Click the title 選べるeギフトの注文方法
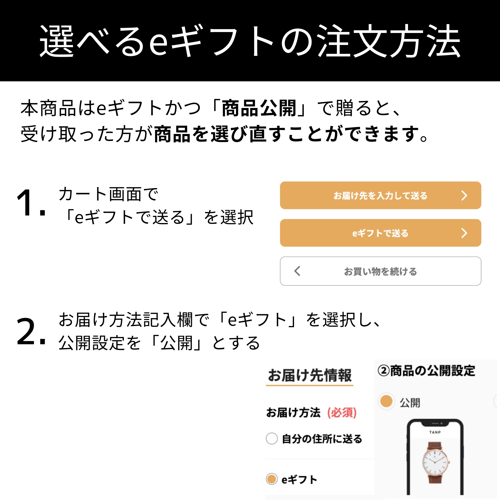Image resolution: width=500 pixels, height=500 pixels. click(250, 41)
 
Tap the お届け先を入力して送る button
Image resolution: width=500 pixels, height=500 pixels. click(380, 195)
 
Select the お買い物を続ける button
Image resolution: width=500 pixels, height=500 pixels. click(380, 271)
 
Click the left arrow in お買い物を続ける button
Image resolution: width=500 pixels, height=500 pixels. click(297, 271)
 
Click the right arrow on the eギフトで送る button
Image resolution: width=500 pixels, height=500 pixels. click(464, 233)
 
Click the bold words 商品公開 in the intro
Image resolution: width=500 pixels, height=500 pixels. click(259, 108)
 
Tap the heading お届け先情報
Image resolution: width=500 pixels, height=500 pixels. click(309, 375)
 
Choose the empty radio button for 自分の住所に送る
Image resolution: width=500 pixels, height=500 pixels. click(272, 439)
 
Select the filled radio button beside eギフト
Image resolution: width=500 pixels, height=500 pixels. click(272, 479)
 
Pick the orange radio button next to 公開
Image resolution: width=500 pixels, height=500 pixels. click(386, 402)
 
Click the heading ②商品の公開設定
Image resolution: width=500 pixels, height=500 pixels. click(426, 370)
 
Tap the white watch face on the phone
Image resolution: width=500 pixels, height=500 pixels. click(435, 462)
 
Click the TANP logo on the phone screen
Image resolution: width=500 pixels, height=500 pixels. click(435, 432)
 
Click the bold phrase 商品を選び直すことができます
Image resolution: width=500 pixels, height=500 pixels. click(290, 134)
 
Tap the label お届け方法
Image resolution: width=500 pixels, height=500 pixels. click(293, 412)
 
